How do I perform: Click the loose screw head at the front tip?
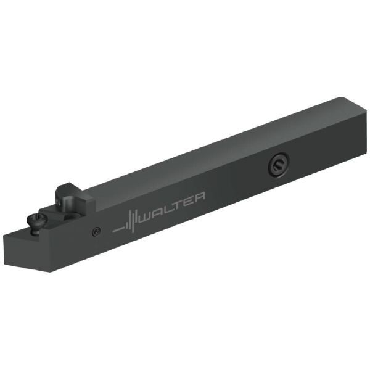37,220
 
